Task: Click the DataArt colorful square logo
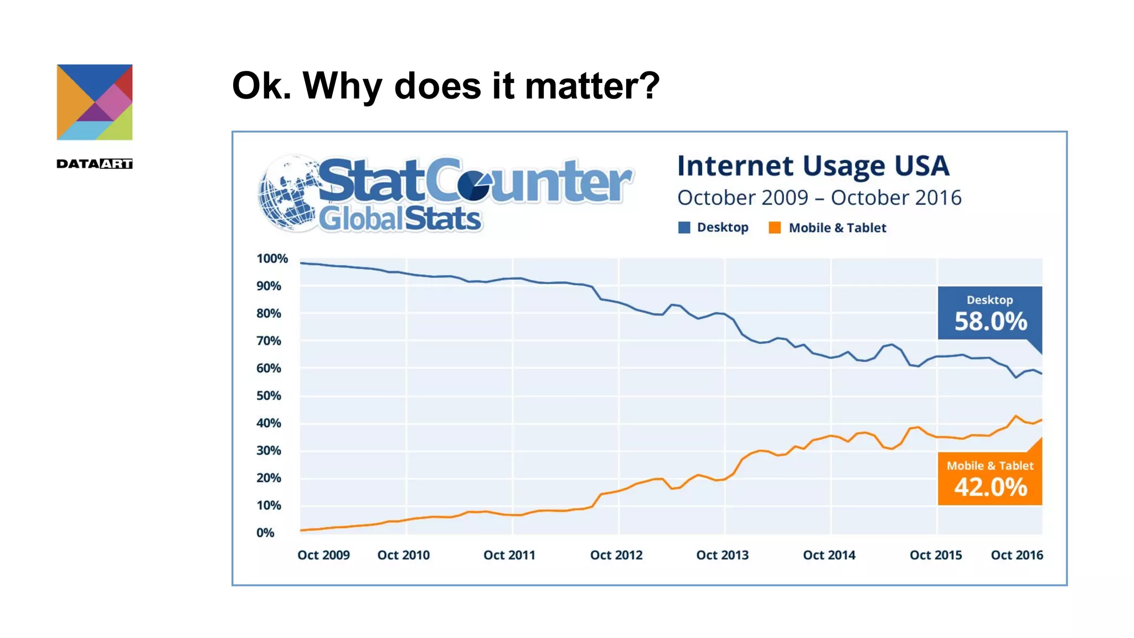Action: (x=95, y=102)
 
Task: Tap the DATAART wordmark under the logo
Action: (x=95, y=164)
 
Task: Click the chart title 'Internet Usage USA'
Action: (x=813, y=166)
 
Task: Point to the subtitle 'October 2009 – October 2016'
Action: (x=819, y=198)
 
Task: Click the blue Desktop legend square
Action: (x=684, y=228)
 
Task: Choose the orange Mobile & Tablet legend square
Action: (x=775, y=228)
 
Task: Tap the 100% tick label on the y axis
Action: (x=272, y=259)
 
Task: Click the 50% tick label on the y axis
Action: (x=269, y=396)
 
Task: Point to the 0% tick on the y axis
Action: (x=265, y=533)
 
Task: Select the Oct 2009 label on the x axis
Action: (x=323, y=555)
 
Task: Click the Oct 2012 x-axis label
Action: (x=616, y=555)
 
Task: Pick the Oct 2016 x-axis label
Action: (x=1017, y=555)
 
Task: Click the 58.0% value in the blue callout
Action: (x=991, y=322)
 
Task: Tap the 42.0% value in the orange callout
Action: (x=991, y=487)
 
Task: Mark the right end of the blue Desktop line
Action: (x=1042, y=373)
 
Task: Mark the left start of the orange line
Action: (x=301, y=531)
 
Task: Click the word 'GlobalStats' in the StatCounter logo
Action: (x=400, y=219)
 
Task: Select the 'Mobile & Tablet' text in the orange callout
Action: (x=990, y=466)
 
